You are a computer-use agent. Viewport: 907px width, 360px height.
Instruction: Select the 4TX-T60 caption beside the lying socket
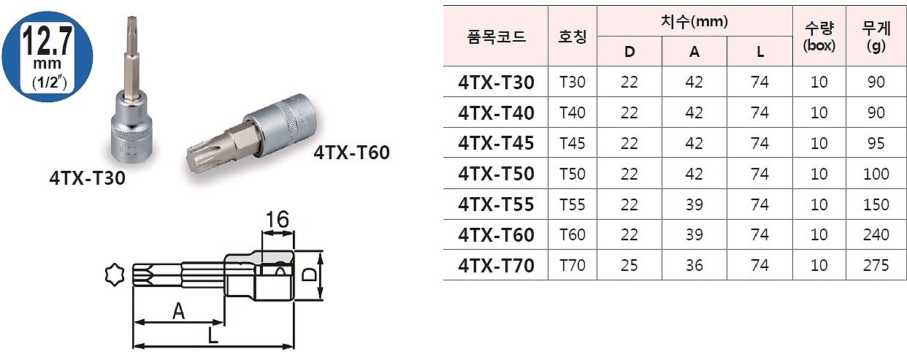point(351,153)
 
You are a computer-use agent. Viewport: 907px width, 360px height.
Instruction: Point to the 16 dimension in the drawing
point(278,219)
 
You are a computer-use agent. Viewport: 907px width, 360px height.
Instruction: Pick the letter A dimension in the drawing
point(177,312)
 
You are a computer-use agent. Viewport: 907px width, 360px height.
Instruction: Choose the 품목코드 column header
point(496,37)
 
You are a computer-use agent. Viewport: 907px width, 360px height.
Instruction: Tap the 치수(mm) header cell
point(694,22)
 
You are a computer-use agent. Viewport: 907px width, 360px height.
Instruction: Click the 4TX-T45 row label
point(496,143)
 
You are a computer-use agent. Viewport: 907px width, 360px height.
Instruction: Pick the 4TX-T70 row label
point(496,265)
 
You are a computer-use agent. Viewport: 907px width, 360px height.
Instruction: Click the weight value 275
point(876,265)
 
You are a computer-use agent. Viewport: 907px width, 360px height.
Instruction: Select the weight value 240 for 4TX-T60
point(876,234)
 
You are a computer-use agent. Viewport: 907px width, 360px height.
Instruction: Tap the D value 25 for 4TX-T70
point(629,265)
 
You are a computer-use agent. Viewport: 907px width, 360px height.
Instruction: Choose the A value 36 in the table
point(694,265)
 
